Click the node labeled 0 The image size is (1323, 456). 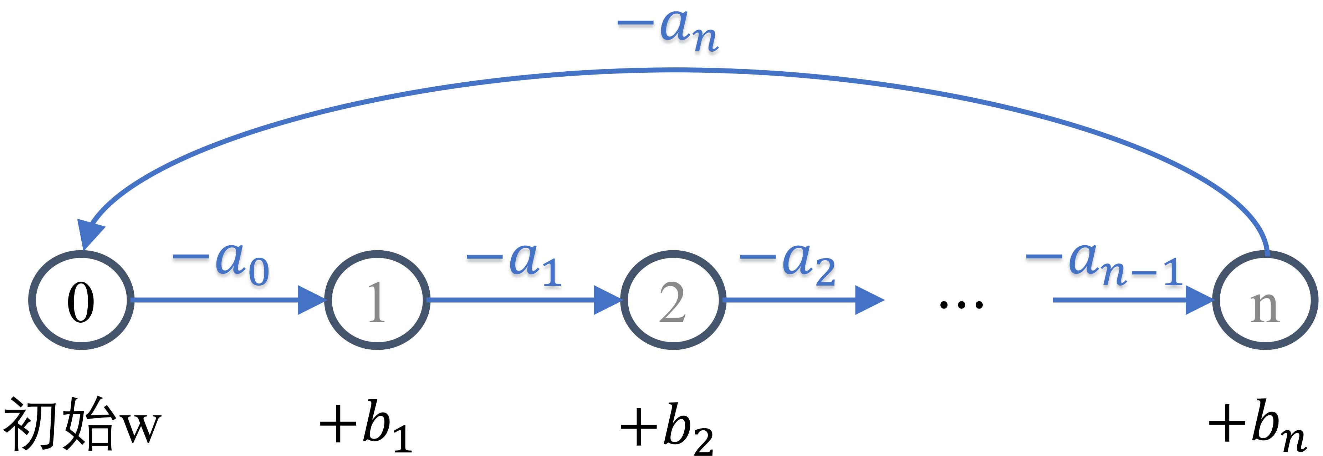coord(81,301)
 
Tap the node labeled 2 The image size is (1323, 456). coord(673,301)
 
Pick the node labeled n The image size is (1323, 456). coord(1265,301)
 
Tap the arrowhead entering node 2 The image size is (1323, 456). coord(607,300)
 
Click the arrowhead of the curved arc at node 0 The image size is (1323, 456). coord(90,234)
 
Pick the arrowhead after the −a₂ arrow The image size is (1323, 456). coord(869,300)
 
